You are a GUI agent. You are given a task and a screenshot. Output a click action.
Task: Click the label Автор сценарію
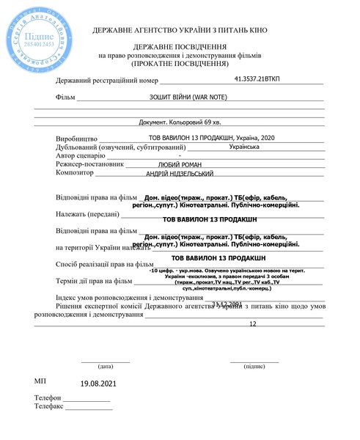(81, 156)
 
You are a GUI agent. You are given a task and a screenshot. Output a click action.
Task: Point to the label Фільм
(65, 98)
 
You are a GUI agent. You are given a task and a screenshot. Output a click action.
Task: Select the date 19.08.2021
(98, 384)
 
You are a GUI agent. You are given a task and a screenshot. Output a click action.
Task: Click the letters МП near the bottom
(40, 382)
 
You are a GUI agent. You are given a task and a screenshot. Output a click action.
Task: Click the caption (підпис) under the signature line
(254, 365)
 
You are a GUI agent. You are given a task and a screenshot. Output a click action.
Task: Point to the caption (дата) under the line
(105, 365)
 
